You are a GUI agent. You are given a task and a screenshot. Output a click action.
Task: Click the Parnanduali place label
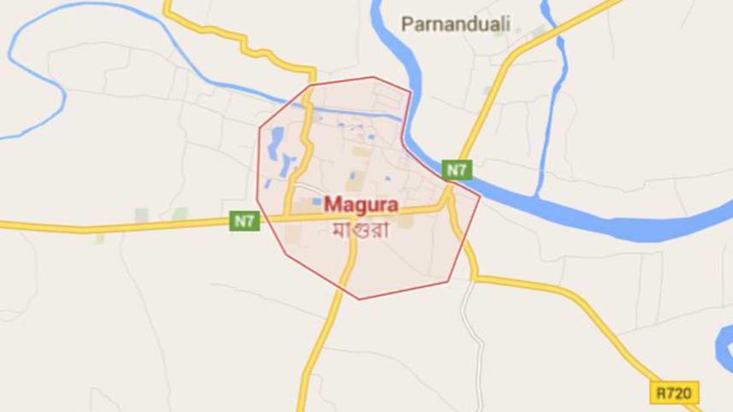point(455,24)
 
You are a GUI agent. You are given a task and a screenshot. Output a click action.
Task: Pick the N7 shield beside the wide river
point(457,169)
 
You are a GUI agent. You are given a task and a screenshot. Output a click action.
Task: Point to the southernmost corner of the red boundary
point(360,299)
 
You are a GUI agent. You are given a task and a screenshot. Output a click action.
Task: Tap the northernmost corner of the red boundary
point(374,77)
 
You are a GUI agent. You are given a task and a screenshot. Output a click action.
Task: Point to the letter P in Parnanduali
point(406,24)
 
